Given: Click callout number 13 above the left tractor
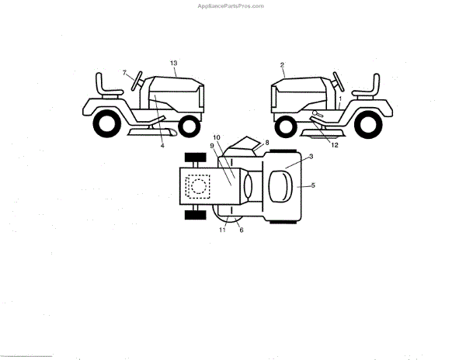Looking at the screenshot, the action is click(173, 61).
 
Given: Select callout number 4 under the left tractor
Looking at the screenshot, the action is click(162, 145).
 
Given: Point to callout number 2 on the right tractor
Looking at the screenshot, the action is click(282, 65).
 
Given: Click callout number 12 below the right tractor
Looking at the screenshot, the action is click(335, 144).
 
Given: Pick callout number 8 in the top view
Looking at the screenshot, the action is click(267, 143).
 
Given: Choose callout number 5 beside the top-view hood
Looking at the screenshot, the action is click(313, 185).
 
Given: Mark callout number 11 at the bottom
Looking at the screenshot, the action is click(221, 230).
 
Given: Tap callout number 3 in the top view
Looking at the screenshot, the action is click(311, 157).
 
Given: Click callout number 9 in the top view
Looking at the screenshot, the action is click(211, 145).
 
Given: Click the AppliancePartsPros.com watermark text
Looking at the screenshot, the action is click(232, 5).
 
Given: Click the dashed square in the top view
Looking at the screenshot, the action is click(199, 186).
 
